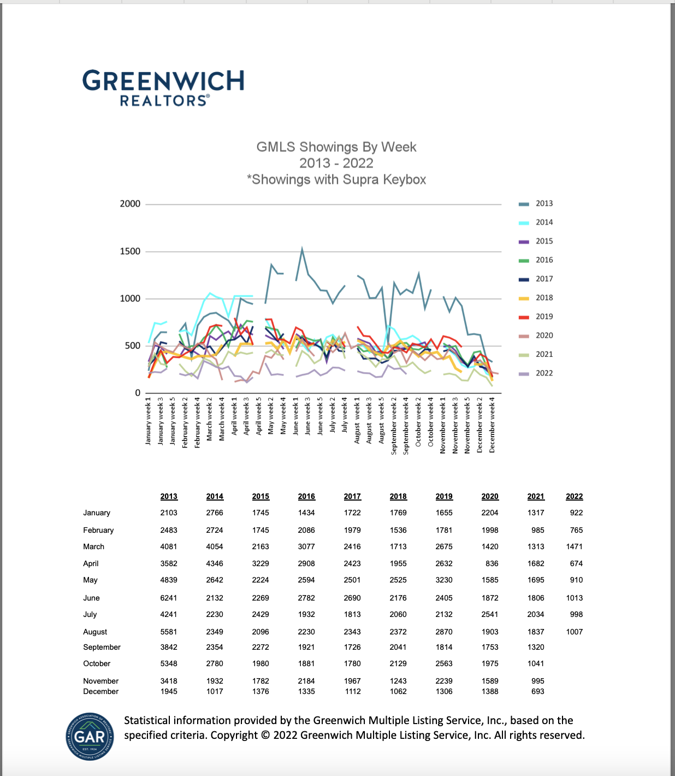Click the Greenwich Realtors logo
pyautogui.click(x=163, y=87)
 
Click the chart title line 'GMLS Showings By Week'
pyautogui.click(x=336, y=147)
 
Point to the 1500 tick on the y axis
pyautogui.click(x=130, y=251)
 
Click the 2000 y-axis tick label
pyautogui.click(x=130, y=204)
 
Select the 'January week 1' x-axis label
pyautogui.click(x=148, y=421)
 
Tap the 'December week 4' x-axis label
pyautogui.click(x=492, y=425)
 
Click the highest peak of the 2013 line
pyautogui.click(x=302, y=249)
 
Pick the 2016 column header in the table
pyautogui.click(x=306, y=496)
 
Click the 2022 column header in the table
pyautogui.click(x=574, y=496)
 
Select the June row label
pyautogui.click(x=91, y=598)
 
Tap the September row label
pyautogui.click(x=102, y=647)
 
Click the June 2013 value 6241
pyautogui.click(x=169, y=598)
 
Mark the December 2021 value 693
pyautogui.click(x=537, y=691)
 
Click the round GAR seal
pyautogui.click(x=90, y=736)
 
